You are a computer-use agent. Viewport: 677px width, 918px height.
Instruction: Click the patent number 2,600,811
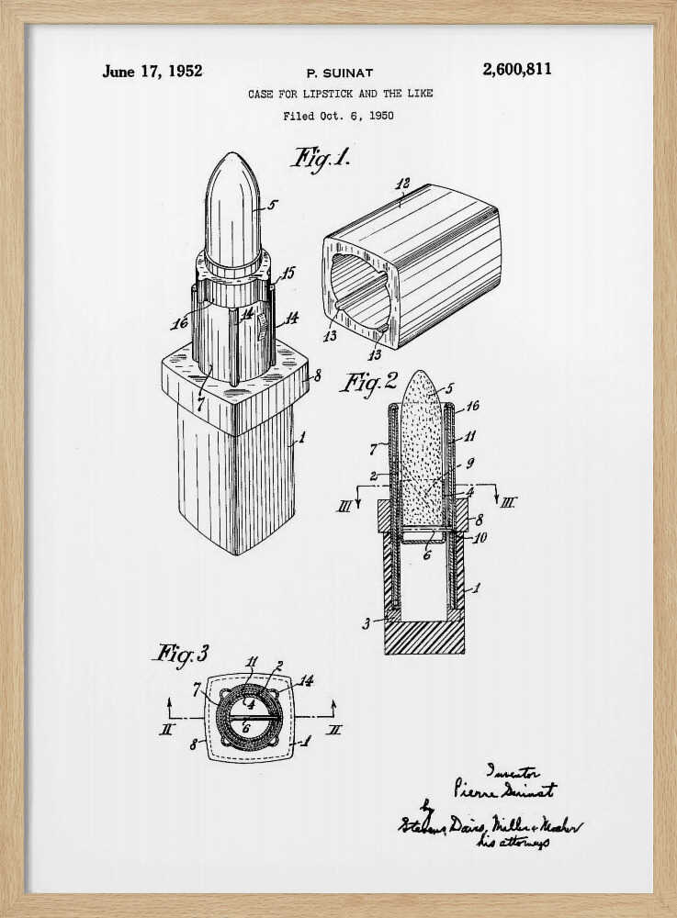516,70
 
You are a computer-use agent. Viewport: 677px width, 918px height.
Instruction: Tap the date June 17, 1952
152,71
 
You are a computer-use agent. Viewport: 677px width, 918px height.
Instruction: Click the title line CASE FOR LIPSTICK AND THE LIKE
340,94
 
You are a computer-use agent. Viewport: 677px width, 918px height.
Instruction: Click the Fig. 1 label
321,157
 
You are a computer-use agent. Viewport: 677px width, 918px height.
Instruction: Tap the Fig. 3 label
180,654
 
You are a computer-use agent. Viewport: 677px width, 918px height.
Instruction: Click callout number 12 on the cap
401,184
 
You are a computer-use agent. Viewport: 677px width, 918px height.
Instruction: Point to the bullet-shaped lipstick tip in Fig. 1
231,207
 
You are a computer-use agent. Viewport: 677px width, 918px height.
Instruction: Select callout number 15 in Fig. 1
288,273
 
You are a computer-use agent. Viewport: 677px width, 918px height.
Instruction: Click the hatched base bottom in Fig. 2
423,636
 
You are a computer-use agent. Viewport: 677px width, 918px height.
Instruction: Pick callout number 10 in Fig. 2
479,538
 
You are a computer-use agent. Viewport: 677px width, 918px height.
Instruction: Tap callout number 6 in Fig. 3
246,727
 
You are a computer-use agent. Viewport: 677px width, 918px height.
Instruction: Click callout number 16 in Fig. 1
179,323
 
